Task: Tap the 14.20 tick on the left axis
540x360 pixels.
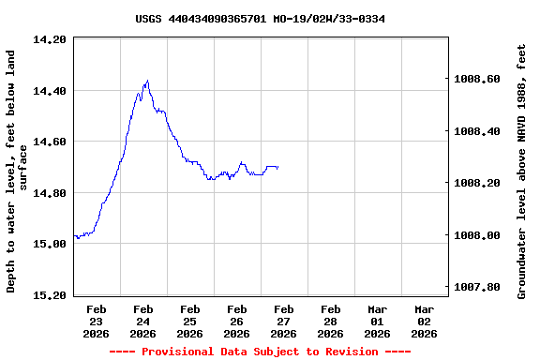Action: [x=49, y=40]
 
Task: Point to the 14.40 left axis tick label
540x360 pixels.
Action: [x=49, y=91]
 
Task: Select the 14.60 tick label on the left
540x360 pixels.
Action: [x=49, y=142]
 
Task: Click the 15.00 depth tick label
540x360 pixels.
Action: [x=49, y=245]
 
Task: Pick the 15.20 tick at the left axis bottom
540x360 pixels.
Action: [x=49, y=295]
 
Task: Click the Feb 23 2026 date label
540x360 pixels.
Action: [x=96, y=321]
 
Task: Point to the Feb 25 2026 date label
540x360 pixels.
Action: [x=189, y=321]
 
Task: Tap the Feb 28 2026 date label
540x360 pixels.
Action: [x=330, y=321]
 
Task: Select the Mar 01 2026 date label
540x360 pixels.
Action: [x=377, y=321]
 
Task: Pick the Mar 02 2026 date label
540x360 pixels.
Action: [x=424, y=321]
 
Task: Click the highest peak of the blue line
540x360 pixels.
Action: [x=147, y=81]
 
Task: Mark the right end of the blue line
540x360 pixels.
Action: [x=278, y=167]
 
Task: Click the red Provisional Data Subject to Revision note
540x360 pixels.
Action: [x=260, y=352]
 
